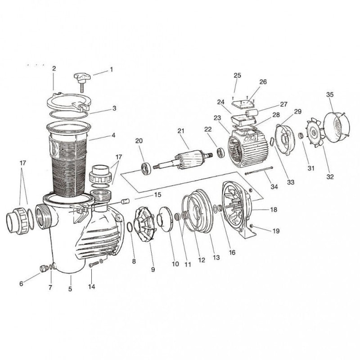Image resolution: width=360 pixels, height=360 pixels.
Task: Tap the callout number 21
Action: point(181,131)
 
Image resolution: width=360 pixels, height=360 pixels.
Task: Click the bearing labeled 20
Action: point(147,169)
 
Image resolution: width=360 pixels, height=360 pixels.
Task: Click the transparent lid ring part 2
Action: point(67,101)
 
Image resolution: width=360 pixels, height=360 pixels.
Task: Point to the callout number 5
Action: point(70,289)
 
